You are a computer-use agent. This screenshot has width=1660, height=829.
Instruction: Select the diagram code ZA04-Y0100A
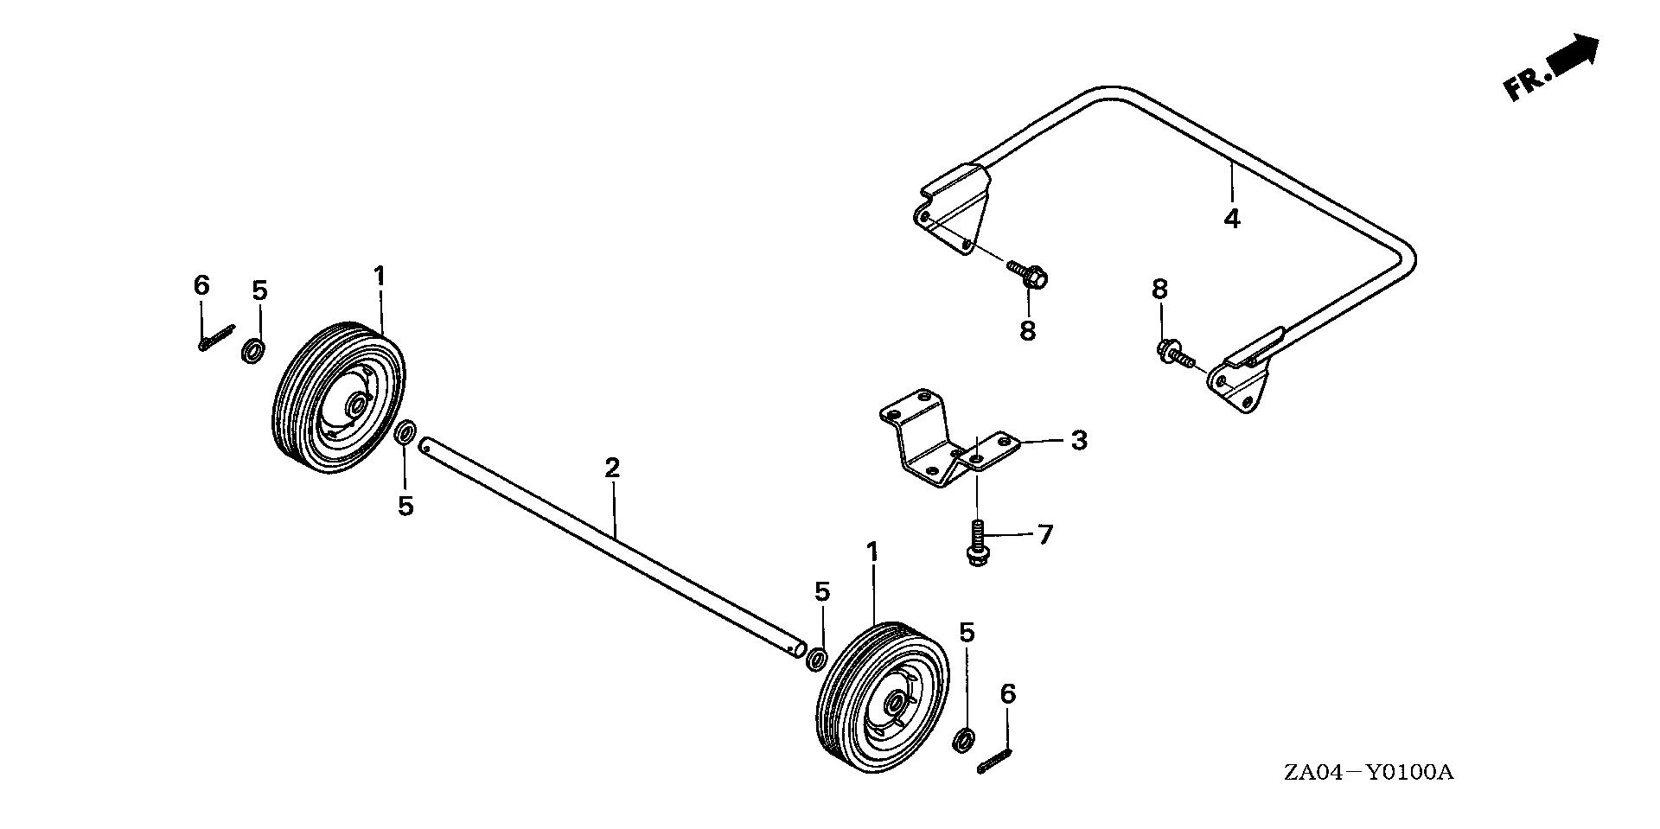click(x=1368, y=772)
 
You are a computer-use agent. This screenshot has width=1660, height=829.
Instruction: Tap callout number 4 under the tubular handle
click(x=1232, y=218)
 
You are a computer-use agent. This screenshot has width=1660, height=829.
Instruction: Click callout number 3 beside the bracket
click(x=1078, y=440)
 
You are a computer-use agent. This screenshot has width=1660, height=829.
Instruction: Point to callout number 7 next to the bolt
click(x=1045, y=535)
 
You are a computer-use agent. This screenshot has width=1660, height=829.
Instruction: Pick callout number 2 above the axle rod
click(x=612, y=469)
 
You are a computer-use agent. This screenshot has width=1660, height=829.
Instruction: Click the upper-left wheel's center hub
click(x=355, y=405)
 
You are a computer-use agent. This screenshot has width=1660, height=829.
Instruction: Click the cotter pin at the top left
click(x=215, y=337)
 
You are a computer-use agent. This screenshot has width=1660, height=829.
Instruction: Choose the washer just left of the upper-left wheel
click(x=252, y=351)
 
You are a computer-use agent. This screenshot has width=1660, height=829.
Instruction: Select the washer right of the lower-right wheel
click(x=963, y=740)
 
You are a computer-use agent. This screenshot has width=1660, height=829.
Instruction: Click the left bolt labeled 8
click(x=1029, y=275)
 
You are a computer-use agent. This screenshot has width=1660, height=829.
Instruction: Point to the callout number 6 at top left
click(x=201, y=284)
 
